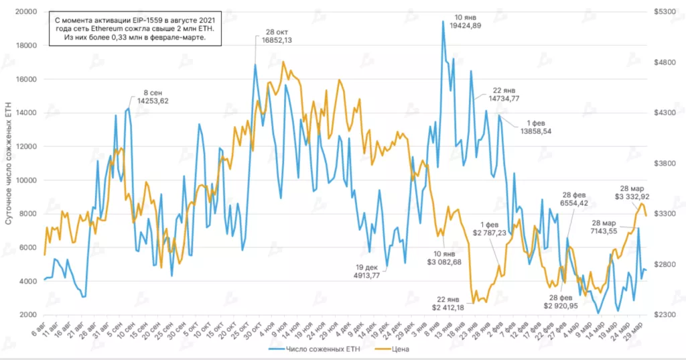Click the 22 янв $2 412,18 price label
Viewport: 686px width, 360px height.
pyautogui.click(x=448, y=303)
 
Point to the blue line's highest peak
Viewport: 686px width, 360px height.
pyautogui.click(x=443, y=21)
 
